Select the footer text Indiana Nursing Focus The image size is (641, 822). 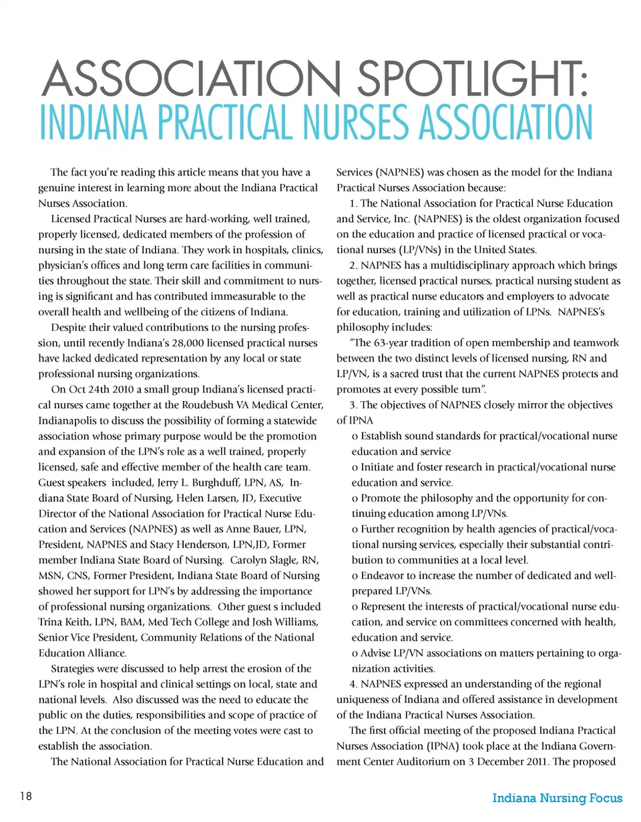pos(557,799)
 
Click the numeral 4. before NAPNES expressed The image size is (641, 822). pos(354,683)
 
